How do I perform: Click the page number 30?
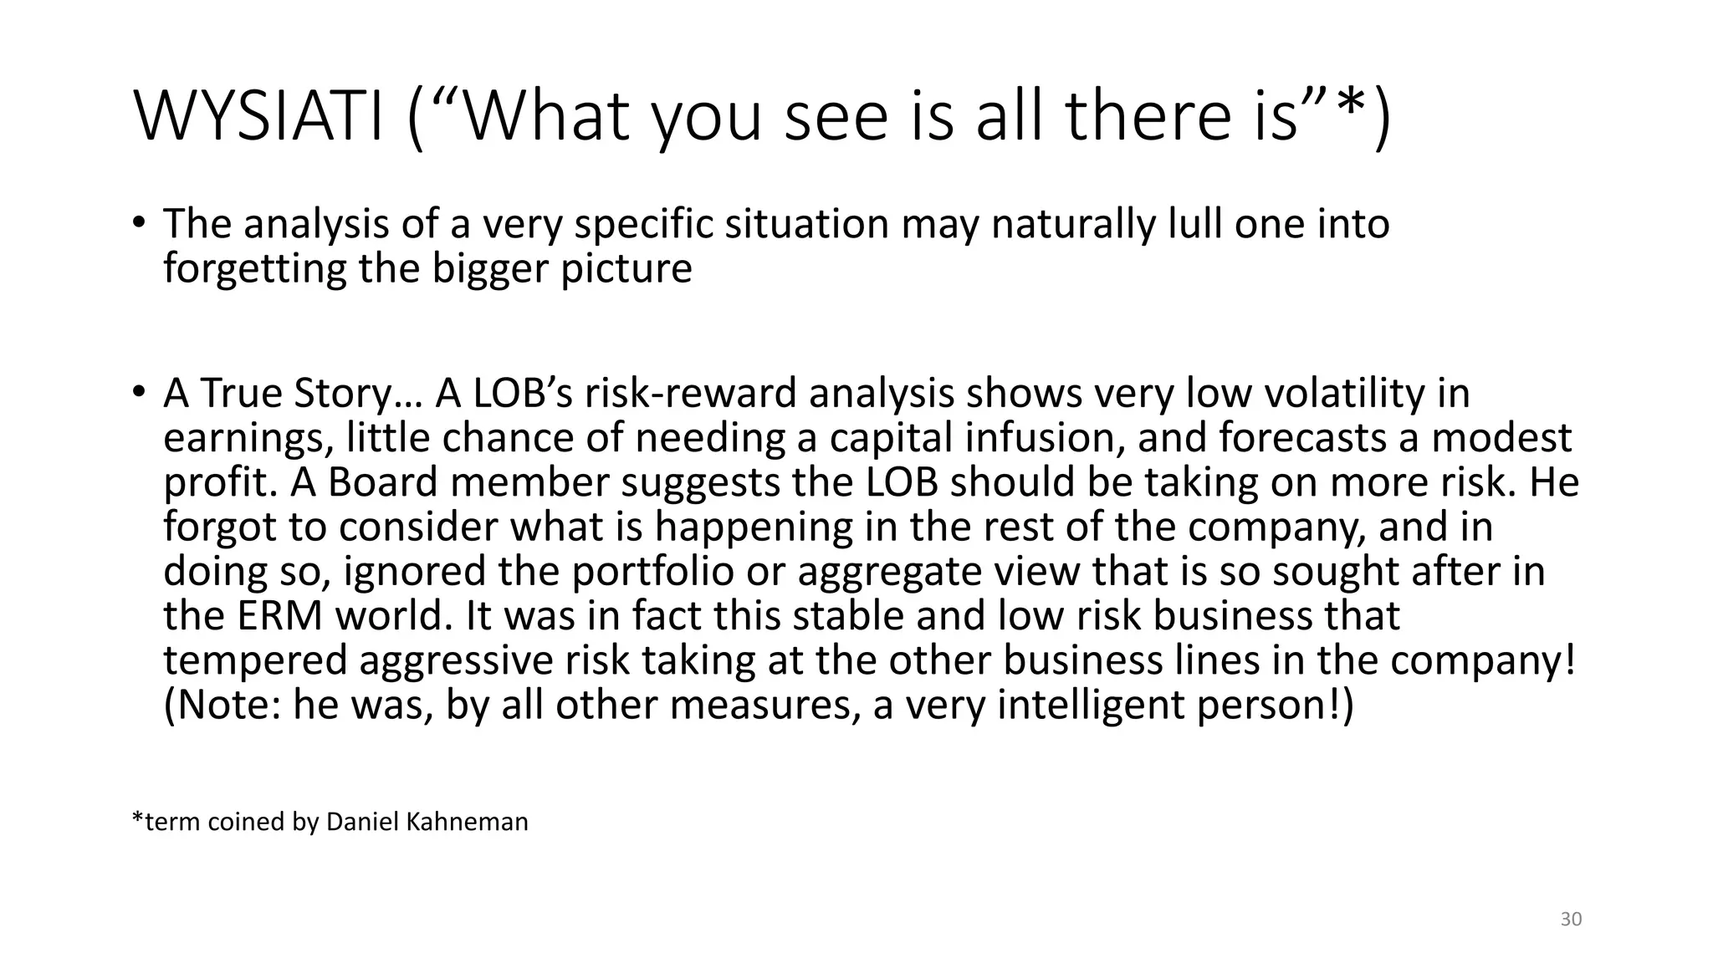point(1571,920)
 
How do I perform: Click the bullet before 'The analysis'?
point(139,224)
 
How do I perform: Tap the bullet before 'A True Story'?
point(139,393)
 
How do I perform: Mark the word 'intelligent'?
point(1092,705)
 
